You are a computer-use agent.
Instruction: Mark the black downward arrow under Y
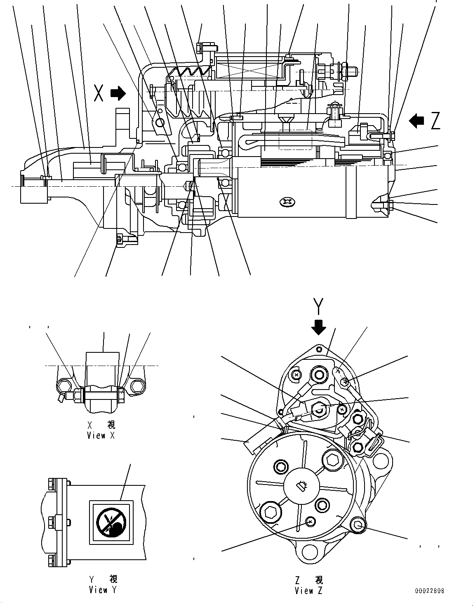point(318,328)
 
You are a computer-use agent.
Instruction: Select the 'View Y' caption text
point(103,590)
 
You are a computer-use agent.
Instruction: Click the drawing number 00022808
point(430,591)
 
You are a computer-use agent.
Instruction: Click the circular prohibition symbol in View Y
point(110,522)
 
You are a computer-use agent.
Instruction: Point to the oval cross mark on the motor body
point(286,202)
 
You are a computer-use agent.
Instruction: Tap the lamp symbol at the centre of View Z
point(301,487)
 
